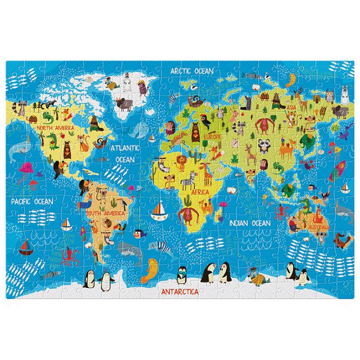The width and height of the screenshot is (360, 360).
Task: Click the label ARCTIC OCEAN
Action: pyautogui.click(x=191, y=70)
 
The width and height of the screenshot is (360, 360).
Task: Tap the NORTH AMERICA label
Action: pyautogui.click(x=55, y=128)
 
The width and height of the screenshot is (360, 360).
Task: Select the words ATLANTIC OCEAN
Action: pyautogui.click(x=125, y=153)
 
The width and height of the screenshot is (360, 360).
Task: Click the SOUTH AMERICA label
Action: pyautogui.click(x=105, y=213)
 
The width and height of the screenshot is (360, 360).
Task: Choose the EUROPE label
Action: pyautogui.click(x=214, y=136)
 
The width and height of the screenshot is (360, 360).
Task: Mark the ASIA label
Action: pyautogui.click(x=291, y=108)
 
